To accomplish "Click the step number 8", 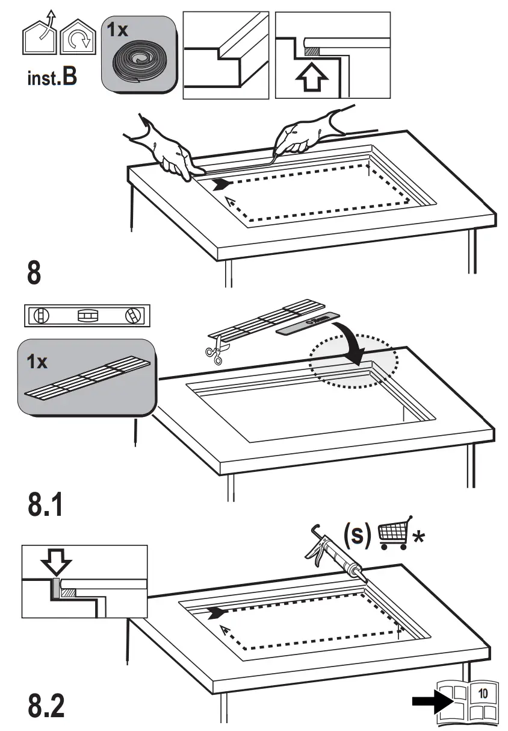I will tap(34, 272).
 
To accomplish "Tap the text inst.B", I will tap(52, 78).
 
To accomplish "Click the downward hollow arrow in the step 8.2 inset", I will tap(55, 564).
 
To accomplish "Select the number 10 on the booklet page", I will tap(483, 693).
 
